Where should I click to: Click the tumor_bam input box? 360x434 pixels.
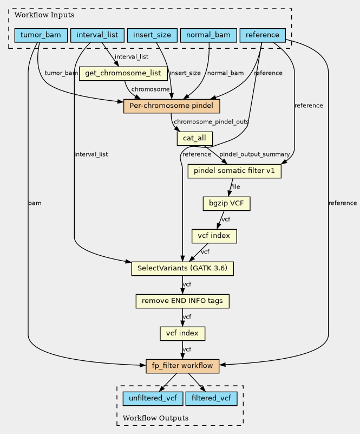(x=41, y=35)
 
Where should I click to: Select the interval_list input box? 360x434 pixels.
(x=97, y=35)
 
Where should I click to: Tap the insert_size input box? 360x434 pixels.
(x=152, y=35)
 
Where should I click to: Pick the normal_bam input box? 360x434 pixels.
(x=208, y=35)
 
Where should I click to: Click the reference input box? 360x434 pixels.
(x=263, y=35)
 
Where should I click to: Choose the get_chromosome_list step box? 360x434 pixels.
(x=123, y=74)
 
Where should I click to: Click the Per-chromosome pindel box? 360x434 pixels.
(x=172, y=106)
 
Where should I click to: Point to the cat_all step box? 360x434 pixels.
(x=195, y=138)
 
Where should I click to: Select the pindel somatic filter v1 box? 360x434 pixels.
(x=234, y=171)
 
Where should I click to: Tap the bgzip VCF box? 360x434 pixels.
(x=226, y=203)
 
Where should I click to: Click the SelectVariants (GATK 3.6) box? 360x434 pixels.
(x=182, y=269)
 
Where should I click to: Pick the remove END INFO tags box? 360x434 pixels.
(x=182, y=301)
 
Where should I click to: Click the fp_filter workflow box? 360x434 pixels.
(x=182, y=366)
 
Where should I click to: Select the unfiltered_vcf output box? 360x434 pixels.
(x=153, y=399)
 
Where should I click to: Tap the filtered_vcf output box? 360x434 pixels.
(x=212, y=399)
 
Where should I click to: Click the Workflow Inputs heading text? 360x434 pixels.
(x=44, y=15)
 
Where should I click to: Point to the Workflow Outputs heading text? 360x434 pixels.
(x=156, y=418)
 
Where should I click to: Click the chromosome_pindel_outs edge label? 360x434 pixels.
(x=212, y=122)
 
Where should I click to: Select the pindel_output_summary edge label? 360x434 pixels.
(x=254, y=154)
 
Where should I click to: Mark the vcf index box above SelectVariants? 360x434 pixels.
(x=214, y=236)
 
